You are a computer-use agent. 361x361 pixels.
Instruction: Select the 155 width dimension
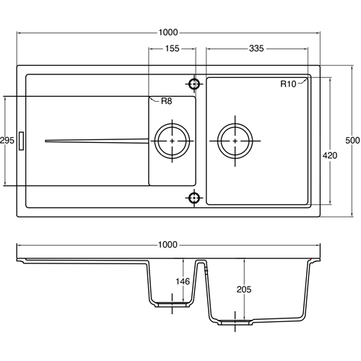click(171, 49)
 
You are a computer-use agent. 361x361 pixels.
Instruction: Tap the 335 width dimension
click(256, 49)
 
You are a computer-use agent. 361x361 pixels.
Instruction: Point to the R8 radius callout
click(165, 101)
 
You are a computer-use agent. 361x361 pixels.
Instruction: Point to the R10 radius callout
click(288, 84)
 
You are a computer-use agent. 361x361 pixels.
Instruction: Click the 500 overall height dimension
click(352, 140)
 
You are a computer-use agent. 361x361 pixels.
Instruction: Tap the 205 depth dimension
click(245, 290)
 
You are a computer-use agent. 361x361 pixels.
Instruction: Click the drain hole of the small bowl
click(172, 140)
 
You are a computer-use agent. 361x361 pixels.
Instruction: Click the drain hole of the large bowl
click(236, 140)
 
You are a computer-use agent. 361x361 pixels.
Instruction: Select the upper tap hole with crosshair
click(193, 84)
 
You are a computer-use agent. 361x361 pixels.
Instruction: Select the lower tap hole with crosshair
click(193, 197)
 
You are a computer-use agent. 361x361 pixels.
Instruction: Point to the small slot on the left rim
click(22, 140)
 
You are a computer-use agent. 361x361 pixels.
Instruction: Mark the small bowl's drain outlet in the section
click(171, 305)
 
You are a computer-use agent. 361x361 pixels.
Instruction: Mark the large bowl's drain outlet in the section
click(236, 321)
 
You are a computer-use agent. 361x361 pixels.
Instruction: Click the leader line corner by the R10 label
click(308, 81)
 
